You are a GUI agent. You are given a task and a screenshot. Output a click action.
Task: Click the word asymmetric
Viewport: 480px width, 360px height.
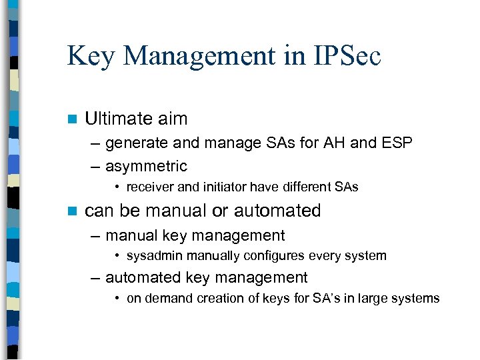pyautogui.click(x=146, y=166)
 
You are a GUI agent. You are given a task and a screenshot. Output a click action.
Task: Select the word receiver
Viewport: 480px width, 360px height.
pyautogui.click(x=148, y=187)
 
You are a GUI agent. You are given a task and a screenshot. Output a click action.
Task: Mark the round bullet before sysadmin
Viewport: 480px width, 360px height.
pyautogui.click(x=117, y=256)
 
